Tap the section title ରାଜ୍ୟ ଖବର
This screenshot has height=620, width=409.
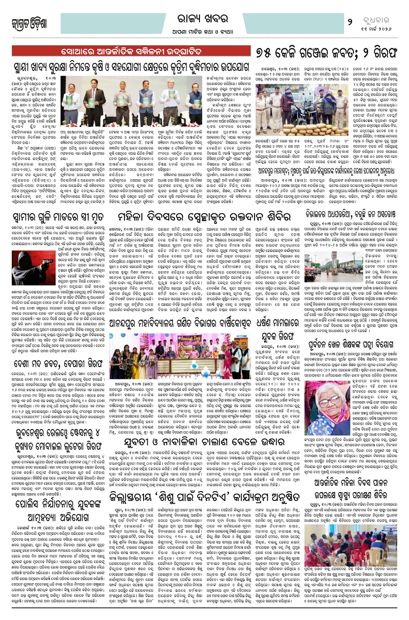(x=204, y=19)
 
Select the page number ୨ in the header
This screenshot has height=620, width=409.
(x=349, y=22)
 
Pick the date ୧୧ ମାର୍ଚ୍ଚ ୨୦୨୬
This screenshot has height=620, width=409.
(x=376, y=30)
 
